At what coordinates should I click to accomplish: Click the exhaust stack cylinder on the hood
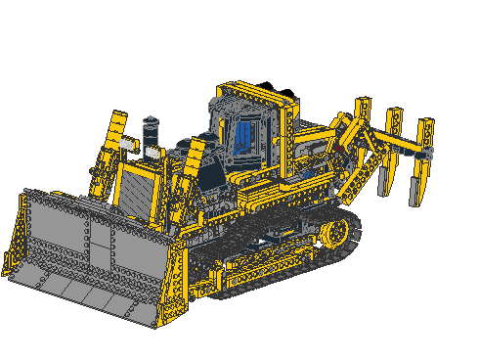tap(151, 131)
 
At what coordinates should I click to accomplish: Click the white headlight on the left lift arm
tap(126, 144)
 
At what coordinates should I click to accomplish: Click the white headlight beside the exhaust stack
tap(152, 152)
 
